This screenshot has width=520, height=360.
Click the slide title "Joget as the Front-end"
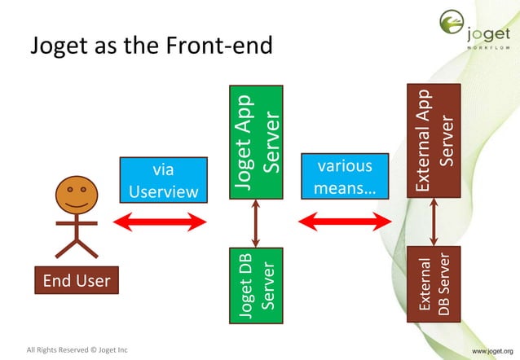[x=151, y=47]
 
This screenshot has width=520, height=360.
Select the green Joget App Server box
[x=257, y=142]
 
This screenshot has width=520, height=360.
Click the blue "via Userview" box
[x=163, y=181]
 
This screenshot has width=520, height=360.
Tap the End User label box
[x=76, y=282]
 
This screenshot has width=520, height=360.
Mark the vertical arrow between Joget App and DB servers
[x=257, y=223]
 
